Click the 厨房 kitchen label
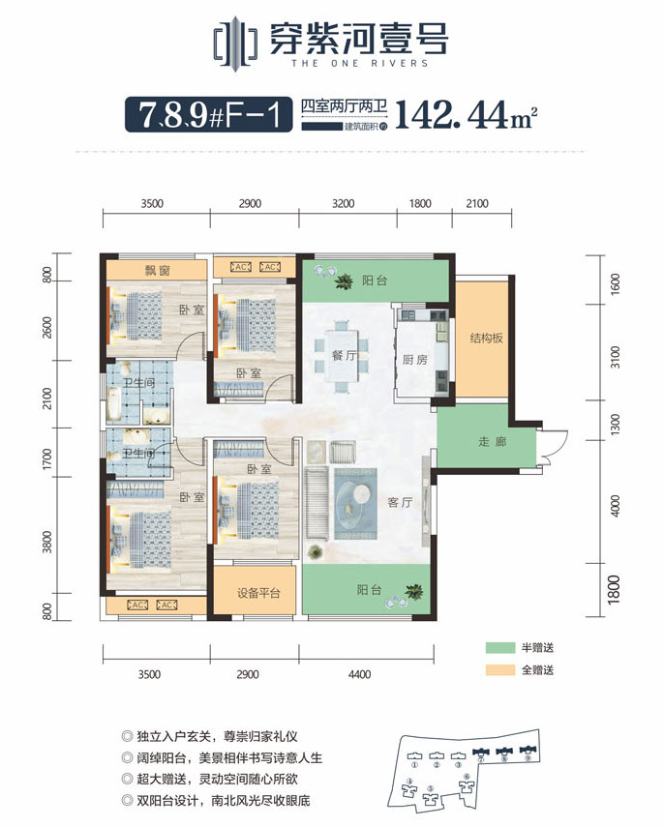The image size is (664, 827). point(414,360)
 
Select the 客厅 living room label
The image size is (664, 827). point(401,503)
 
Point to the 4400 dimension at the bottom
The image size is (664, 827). point(359,676)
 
